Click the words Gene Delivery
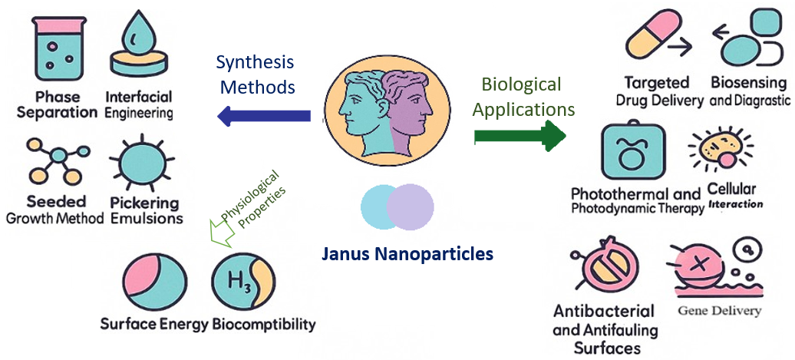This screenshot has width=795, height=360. pos(719,311)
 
